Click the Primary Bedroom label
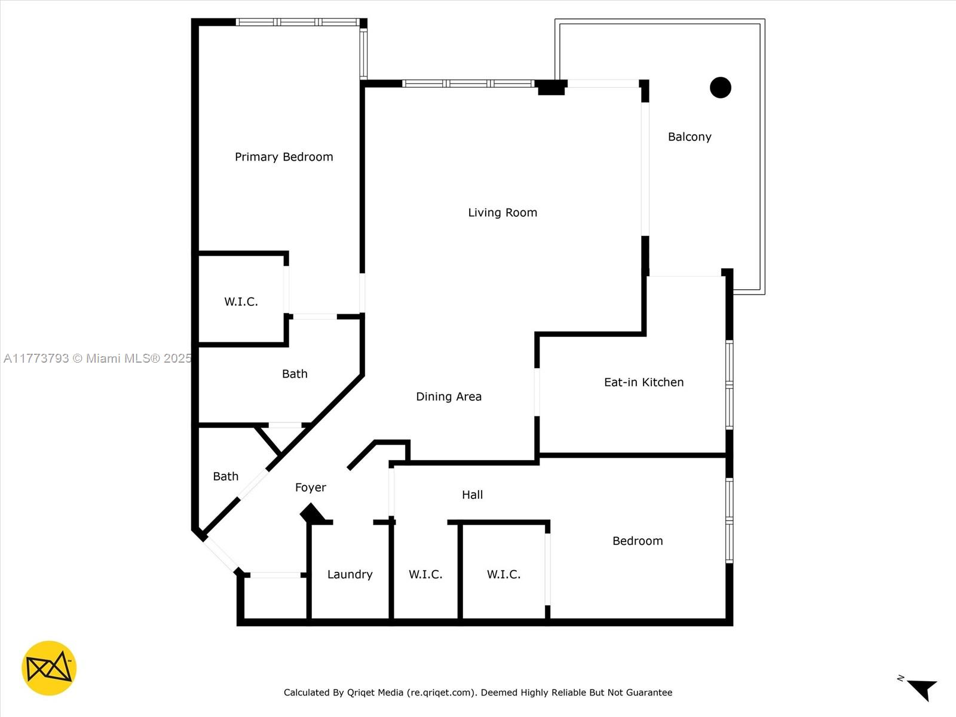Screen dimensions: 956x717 pyautogui.click(x=284, y=157)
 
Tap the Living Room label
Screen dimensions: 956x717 pyautogui.click(x=502, y=213)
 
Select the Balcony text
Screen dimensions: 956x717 pyautogui.click(x=690, y=137)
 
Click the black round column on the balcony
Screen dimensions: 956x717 pyautogui.click(x=721, y=87)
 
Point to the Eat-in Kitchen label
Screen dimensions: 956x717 pyautogui.click(x=644, y=382)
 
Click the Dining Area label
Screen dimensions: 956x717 pyautogui.click(x=449, y=397)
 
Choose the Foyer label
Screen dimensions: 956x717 pyautogui.click(x=311, y=488)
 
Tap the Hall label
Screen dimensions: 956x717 pyautogui.click(x=472, y=495)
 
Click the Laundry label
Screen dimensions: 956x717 pyautogui.click(x=350, y=575)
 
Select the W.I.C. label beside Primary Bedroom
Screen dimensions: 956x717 pyautogui.click(x=241, y=302)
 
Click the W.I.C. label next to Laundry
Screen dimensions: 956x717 pyautogui.click(x=425, y=575)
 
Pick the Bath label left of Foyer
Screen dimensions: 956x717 pyautogui.click(x=226, y=476)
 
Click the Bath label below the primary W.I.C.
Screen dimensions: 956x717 pyautogui.click(x=295, y=374)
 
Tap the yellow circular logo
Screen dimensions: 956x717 pyautogui.click(x=49, y=668)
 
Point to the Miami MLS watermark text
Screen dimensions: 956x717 pyautogui.click(x=97, y=358)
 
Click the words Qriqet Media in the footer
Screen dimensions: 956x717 pyautogui.click(x=375, y=692)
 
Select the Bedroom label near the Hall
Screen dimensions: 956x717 pyautogui.click(x=638, y=541)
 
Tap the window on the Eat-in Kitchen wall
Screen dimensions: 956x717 pyautogui.click(x=730, y=385)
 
